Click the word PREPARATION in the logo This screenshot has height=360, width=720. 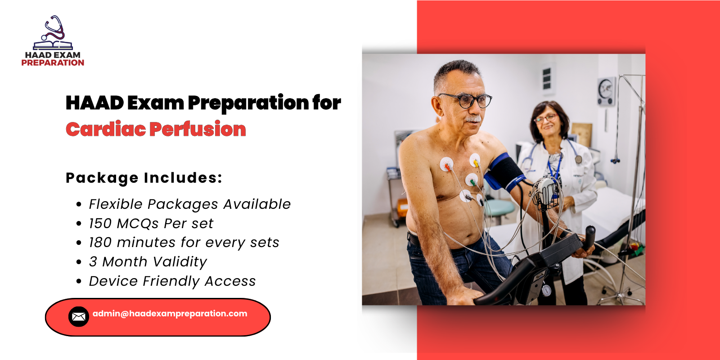pyautogui.click(x=53, y=63)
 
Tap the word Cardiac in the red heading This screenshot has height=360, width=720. pyautogui.click(x=106, y=129)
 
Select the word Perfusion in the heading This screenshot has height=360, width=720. pyautogui.click(x=198, y=129)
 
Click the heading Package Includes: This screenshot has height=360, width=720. pyautogui.click(x=144, y=178)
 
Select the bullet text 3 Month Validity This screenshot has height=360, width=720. pyautogui.click(x=148, y=262)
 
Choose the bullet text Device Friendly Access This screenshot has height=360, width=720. pyautogui.click(x=172, y=281)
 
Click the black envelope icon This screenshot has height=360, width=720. pyautogui.click(x=78, y=317)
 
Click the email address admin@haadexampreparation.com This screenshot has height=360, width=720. pyautogui.click(x=170, y=314)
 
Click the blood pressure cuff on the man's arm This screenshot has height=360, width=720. pyautogui.click(x=506, y=173)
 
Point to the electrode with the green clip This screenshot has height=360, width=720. pyautogui.click(x=471, y=180)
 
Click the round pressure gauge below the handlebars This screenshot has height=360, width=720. pyautogui.click(x=546, y=290)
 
